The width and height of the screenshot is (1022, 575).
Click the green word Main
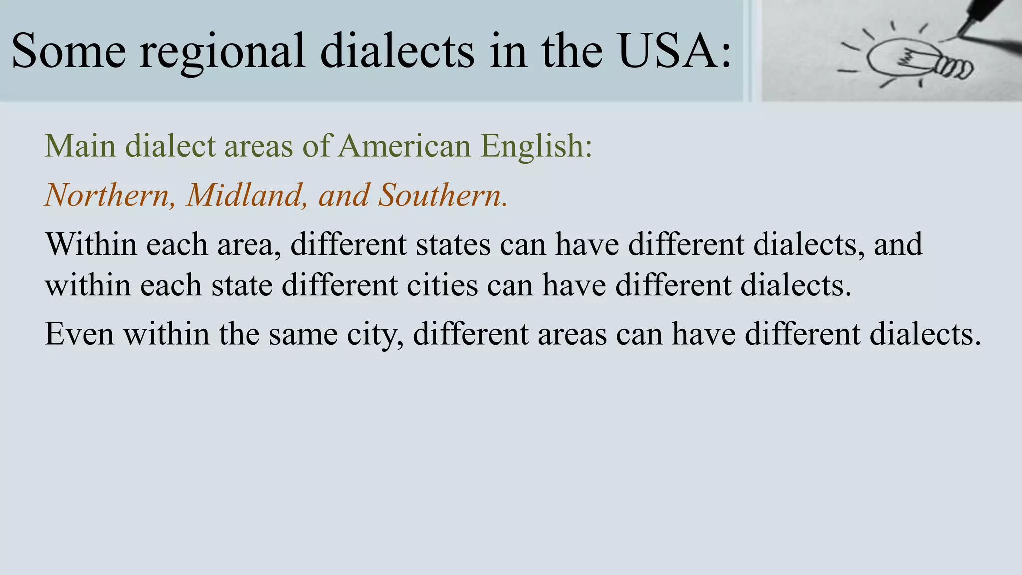80,146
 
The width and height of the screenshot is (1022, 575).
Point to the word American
404,146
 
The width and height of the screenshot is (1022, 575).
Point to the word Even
79,334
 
